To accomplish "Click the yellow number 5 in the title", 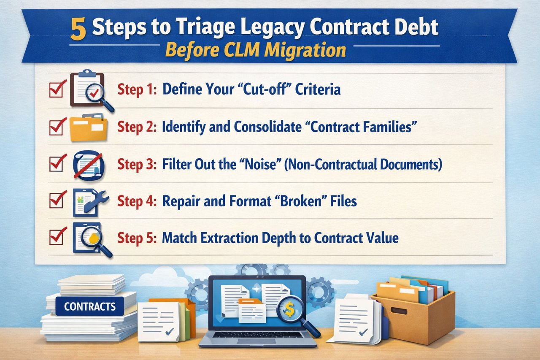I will click(x=78, y=30).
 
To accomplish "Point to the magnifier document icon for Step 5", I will click(x=91, y=238).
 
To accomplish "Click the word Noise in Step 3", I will click(x=265, y=164).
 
